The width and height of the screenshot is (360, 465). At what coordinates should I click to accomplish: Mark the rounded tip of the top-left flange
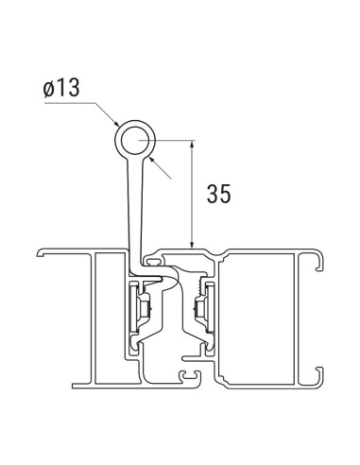42,253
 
